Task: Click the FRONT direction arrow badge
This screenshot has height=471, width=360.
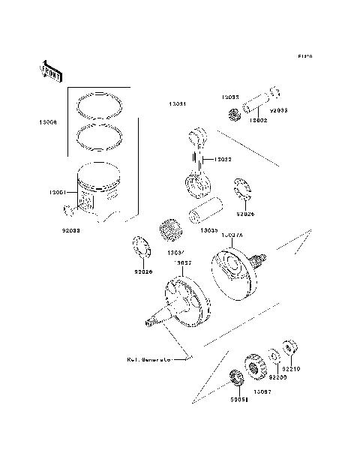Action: tap(50, 71)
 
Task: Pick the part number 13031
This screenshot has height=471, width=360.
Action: tap(178, 104)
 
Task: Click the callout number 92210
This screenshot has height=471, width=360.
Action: tap(291, 369)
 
